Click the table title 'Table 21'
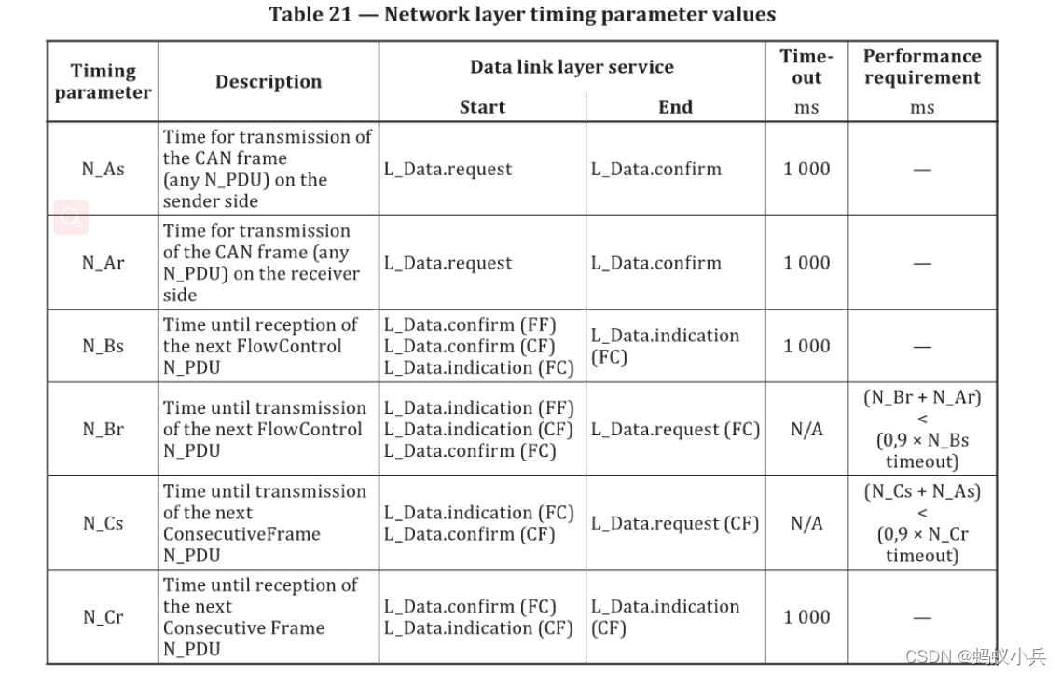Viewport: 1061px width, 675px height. [310, 14]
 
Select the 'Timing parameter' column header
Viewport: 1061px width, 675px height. [103, 81]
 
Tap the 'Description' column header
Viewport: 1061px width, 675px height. [269, 81]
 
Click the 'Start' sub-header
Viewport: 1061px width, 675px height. [482, 107]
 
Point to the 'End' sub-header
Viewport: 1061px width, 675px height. [675, 107]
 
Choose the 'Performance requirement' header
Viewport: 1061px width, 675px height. [922, 67]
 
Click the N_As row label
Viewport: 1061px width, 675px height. [103, 169]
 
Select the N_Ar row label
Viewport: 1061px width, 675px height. [103, 262]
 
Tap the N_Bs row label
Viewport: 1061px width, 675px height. [103, 346]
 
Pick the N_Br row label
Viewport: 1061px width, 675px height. [103, 430]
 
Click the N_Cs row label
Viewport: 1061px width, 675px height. [103, 523]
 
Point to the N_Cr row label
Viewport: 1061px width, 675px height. [103, 617]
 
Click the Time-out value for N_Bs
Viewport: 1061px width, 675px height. [806, 346]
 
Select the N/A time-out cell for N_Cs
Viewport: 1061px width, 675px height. [806, 523]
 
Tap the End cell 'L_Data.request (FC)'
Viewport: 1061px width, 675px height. [675, 430]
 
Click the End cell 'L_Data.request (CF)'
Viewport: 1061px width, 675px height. [675, 523]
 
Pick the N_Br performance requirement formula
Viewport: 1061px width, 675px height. [922, 430]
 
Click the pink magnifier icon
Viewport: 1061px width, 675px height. [71, 217]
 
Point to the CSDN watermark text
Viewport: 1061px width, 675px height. [975, 656]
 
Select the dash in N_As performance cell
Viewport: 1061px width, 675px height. [922, 170]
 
